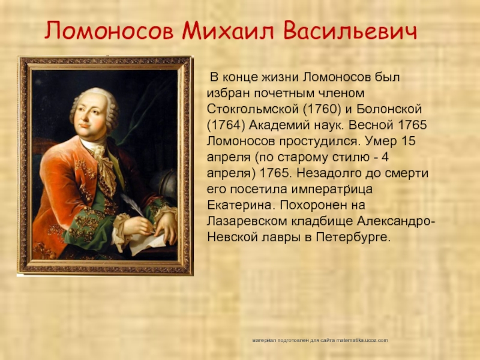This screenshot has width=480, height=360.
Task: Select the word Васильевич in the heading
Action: (350, 31)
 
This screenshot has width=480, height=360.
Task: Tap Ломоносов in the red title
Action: (109, 31)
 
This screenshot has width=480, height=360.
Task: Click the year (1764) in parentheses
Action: (226, 125)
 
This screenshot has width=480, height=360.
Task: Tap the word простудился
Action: (318, 142)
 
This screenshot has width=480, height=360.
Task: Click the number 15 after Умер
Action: (408, 141)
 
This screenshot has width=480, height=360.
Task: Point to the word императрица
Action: (332, 189)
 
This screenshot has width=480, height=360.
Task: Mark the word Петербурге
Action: (353, 237)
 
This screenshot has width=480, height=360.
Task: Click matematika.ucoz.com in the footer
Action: (362, 340)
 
